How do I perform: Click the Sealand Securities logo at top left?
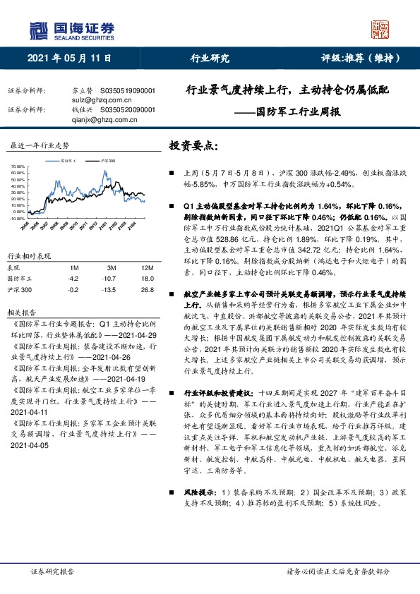[x=71, y=30]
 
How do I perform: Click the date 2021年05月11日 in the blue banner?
[x=69, y=59]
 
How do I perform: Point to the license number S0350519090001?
[x=128, y=91]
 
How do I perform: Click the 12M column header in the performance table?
[x=148, y=267]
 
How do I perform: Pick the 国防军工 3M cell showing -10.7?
[x=111, y=278]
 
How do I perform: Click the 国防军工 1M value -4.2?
[x=73, y=278]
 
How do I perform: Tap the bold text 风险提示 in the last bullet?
[x=188, y=491]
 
